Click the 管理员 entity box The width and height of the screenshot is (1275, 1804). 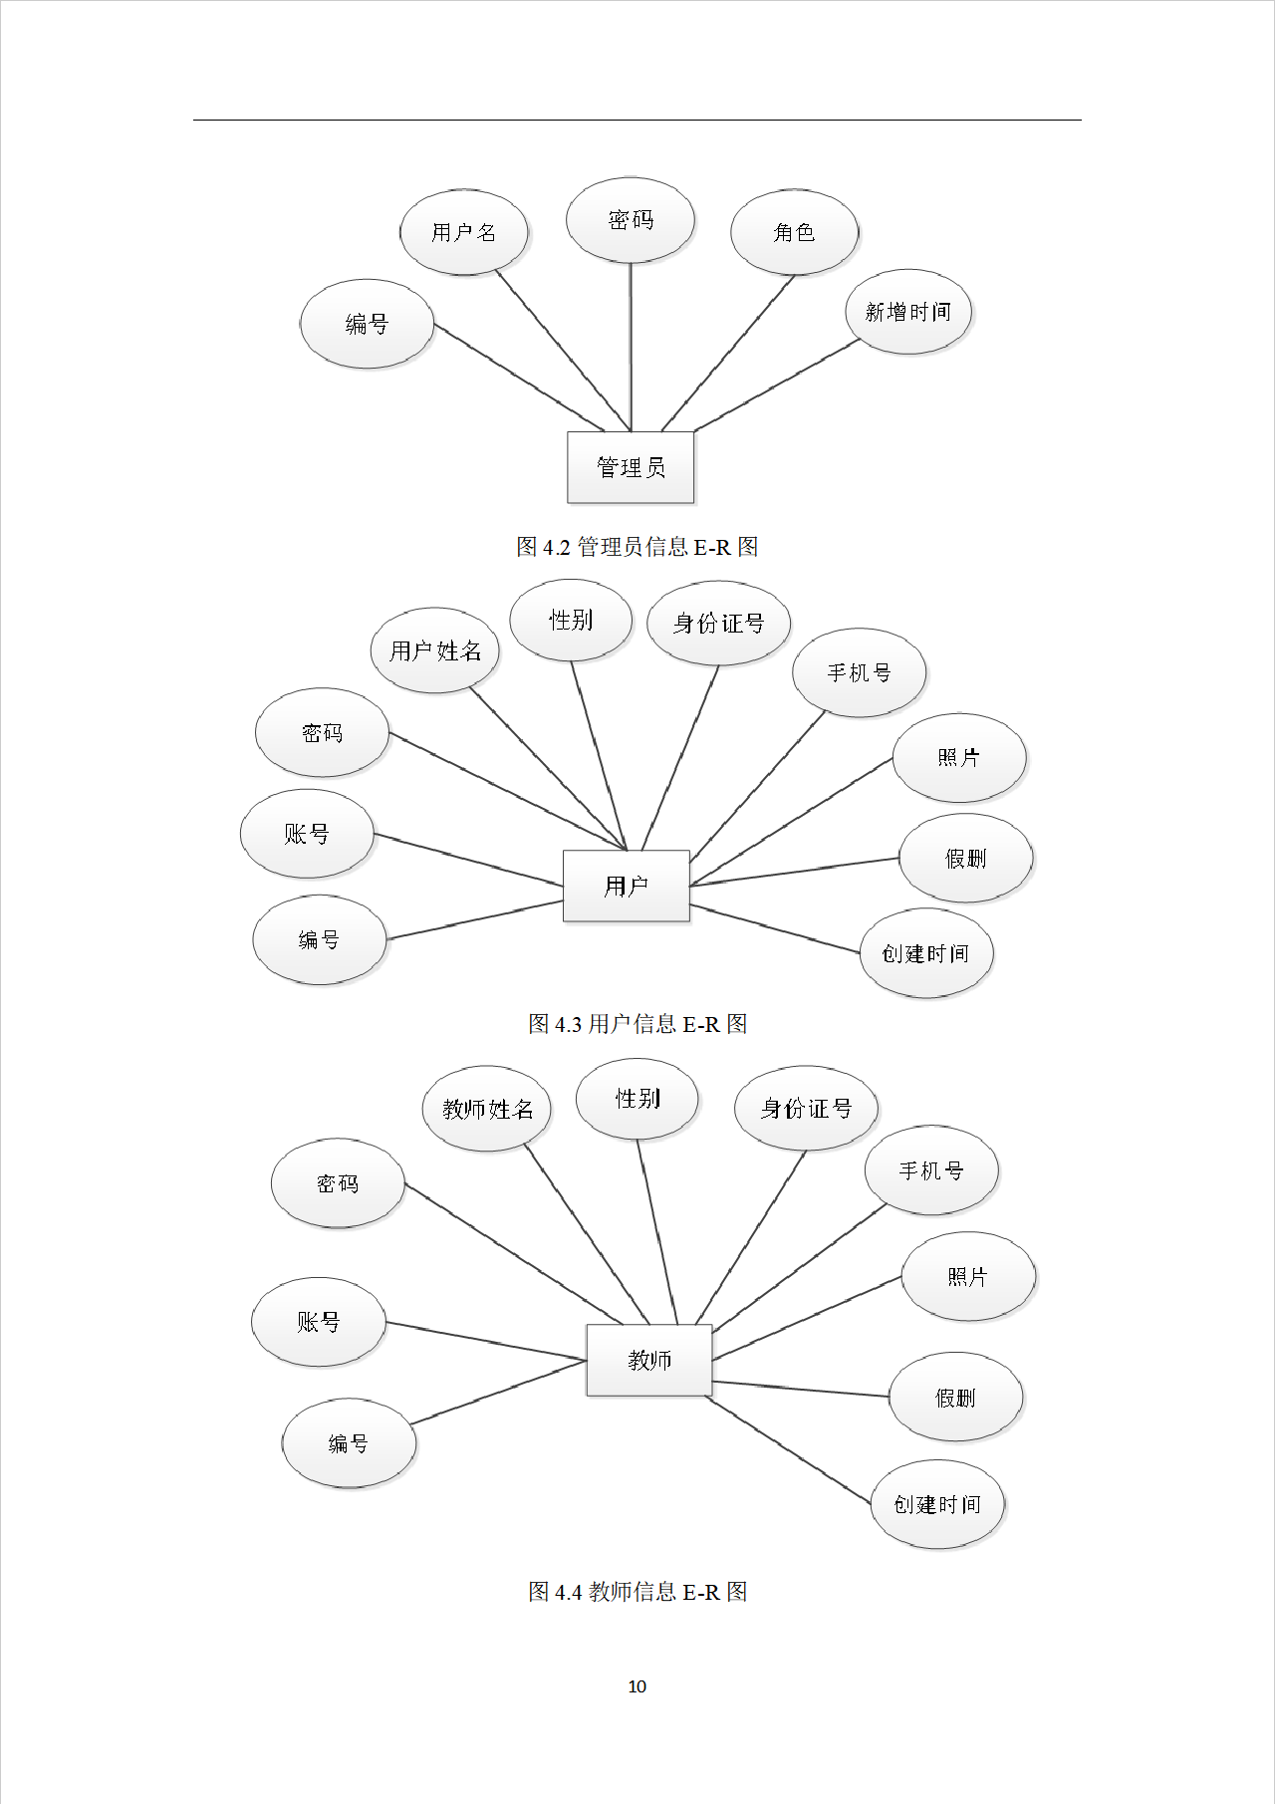[x=631, y=467]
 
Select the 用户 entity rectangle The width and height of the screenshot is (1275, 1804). [x=626, y=886]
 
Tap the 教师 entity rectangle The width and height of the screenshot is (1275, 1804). [x=648, y=1360]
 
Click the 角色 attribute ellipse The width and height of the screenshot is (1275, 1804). [x=794, y=232]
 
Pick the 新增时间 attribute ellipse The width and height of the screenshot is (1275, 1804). [x=907, y=312]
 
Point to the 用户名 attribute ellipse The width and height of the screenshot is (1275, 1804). [x=463, y=232]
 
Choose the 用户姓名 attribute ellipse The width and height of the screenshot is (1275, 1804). [x=435, y=650]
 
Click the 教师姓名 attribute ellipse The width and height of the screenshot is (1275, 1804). [x=487, y=1109]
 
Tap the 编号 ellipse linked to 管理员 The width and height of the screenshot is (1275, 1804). [x=367, y=324]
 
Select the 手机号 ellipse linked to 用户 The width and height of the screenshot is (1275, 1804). [x=859, y=672]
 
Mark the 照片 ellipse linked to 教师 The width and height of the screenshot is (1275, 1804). [x=967, y=1276]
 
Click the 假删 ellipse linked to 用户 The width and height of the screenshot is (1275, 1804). [x=965, y=858]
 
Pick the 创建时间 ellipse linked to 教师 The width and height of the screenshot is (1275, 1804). [x=936, y=1504]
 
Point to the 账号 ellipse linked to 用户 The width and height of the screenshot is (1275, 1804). [x=307, y=834]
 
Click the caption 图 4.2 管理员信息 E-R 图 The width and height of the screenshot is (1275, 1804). [x=637, y=547]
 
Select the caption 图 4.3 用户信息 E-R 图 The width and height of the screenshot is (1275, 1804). [x=637, y=1024]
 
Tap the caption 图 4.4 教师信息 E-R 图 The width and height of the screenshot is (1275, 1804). [x=637, y=1592]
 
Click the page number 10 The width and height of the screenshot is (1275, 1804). [x=637, y=1686]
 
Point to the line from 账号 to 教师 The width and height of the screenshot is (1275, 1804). [x=486, y=1341]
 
